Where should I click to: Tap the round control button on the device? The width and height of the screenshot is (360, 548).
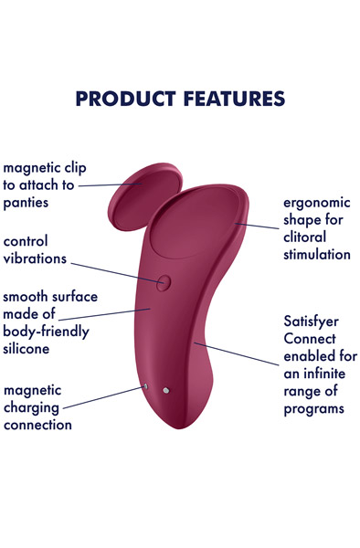tap(163, 282)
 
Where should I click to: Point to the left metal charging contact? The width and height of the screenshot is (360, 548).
tap(145, 386)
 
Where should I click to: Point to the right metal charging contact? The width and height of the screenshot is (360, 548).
tap(166, 391)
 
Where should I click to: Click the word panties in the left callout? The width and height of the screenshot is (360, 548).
tap(26, 202)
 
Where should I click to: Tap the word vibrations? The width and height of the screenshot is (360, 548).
tap(35, 258)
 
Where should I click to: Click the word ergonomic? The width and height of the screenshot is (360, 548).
tap(312, 203)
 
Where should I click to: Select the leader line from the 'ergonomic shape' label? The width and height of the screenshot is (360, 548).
tap(257, 224)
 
